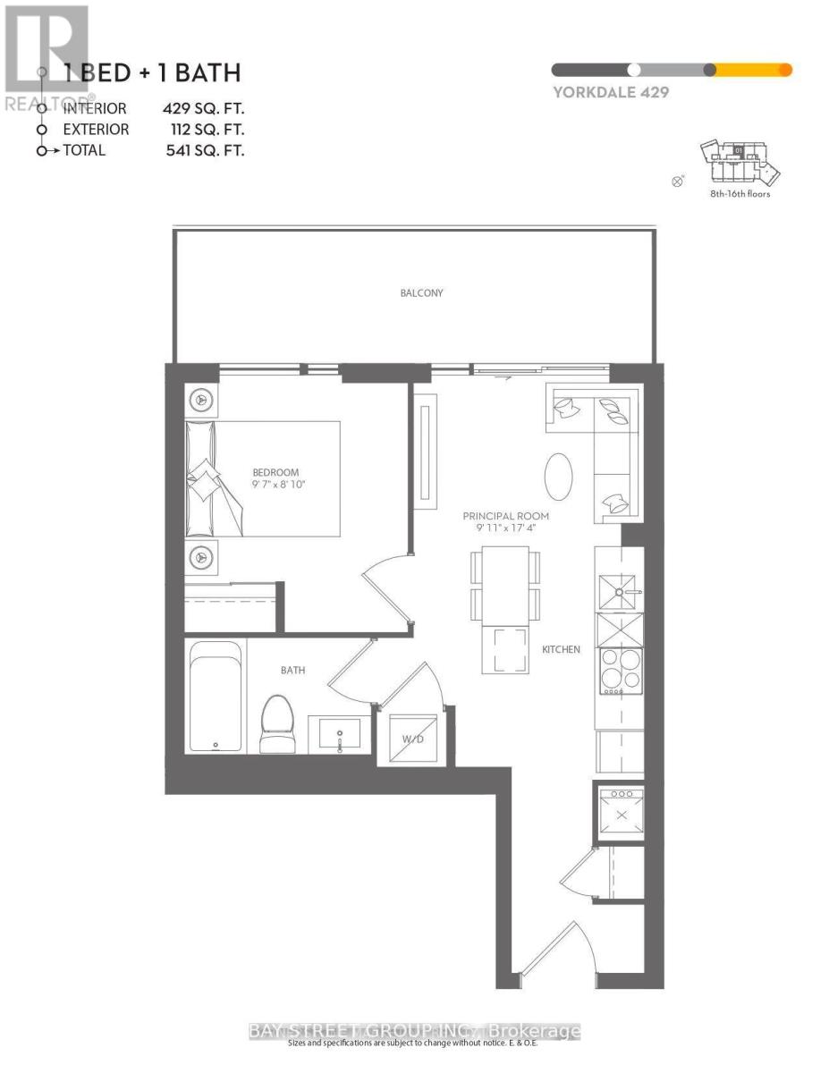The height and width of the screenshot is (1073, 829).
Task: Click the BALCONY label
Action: click(x=421, y=292)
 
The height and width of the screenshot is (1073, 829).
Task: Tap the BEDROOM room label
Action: click(x=275, y=472)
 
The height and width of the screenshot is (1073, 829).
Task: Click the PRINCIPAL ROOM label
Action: click(x=505, y=516)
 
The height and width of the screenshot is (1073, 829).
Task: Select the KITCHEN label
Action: click(x=562, y=649)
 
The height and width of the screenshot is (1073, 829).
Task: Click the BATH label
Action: click(x=292, y=670)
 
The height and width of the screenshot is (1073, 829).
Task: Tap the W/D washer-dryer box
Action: click(x=411, y=739)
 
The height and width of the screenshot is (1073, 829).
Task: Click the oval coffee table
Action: click(x=559, y=477)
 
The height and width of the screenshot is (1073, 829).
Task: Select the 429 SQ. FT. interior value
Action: click(x=203, y=108)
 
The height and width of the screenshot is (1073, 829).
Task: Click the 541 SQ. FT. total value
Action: click(x=203, y=150)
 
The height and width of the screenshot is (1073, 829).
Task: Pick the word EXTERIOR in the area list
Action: click(x=96, y=130)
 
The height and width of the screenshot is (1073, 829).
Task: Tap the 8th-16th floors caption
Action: click(x=738, y=193)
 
